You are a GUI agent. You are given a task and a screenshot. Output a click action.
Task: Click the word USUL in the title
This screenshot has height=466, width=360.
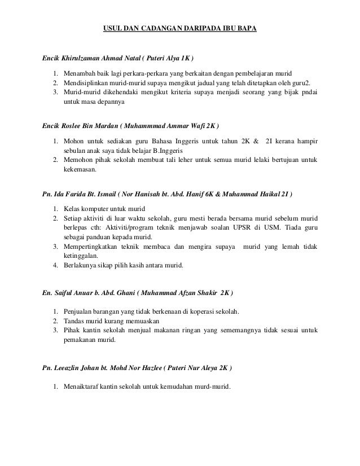[112, 28]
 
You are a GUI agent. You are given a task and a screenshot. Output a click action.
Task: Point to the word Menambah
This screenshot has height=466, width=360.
[80, 73]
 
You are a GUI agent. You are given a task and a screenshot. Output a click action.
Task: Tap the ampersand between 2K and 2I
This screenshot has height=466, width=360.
[257, 139]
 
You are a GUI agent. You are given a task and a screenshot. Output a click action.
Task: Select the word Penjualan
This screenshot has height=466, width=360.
[79, 311]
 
